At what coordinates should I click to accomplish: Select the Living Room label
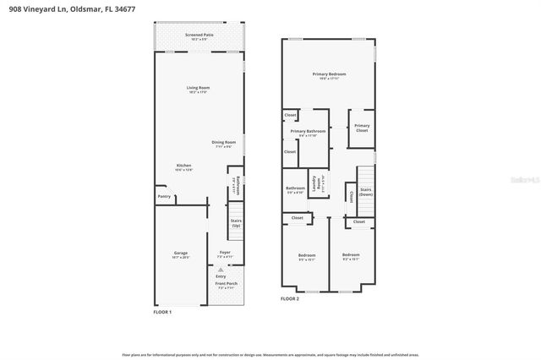(x=199, y=88)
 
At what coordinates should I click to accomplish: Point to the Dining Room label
(x=223, y=142)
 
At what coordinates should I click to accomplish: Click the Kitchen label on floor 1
(x=183, y=166)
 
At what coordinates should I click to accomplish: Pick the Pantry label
(x=164, y=197)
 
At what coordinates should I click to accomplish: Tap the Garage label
(x=181, y=253)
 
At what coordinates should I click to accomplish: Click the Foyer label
(x=225, y=252)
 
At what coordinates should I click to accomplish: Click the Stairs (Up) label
(x=237, y=223)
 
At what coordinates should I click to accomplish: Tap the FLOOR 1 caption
(x=162, y=312)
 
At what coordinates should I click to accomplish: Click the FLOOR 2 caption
(x=290, y=299)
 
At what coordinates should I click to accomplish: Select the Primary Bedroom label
(x=331, y=74)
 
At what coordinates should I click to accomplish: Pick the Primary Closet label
(x=362, y=128)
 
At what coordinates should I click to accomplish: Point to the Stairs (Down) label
(x=366, y=192)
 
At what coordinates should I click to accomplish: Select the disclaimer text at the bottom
(x=270, y=355)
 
